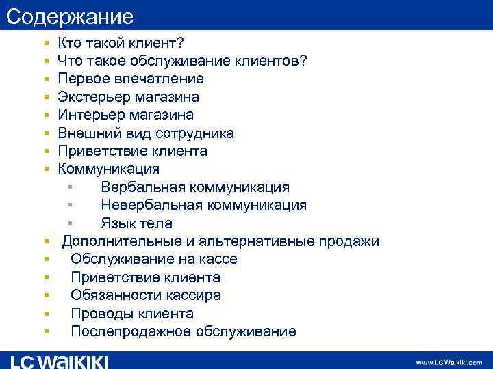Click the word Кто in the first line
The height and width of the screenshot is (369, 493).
(x=71, y=44)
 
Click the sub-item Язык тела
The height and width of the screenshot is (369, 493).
(x=136, y=223)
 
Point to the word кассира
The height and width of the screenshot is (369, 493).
(x=195, y=295)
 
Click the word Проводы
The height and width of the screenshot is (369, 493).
(x=100, y=314)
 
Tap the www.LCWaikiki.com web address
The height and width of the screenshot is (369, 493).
(x=448, y=362)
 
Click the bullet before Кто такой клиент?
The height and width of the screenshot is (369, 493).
(x=45, y=44)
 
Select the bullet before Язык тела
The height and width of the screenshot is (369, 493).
(x=70, y=223)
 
